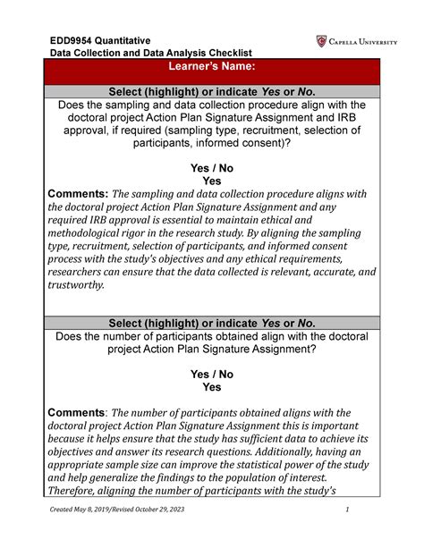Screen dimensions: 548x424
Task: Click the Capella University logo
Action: tap(354, 41)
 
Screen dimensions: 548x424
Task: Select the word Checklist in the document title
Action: tap(225, 54)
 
